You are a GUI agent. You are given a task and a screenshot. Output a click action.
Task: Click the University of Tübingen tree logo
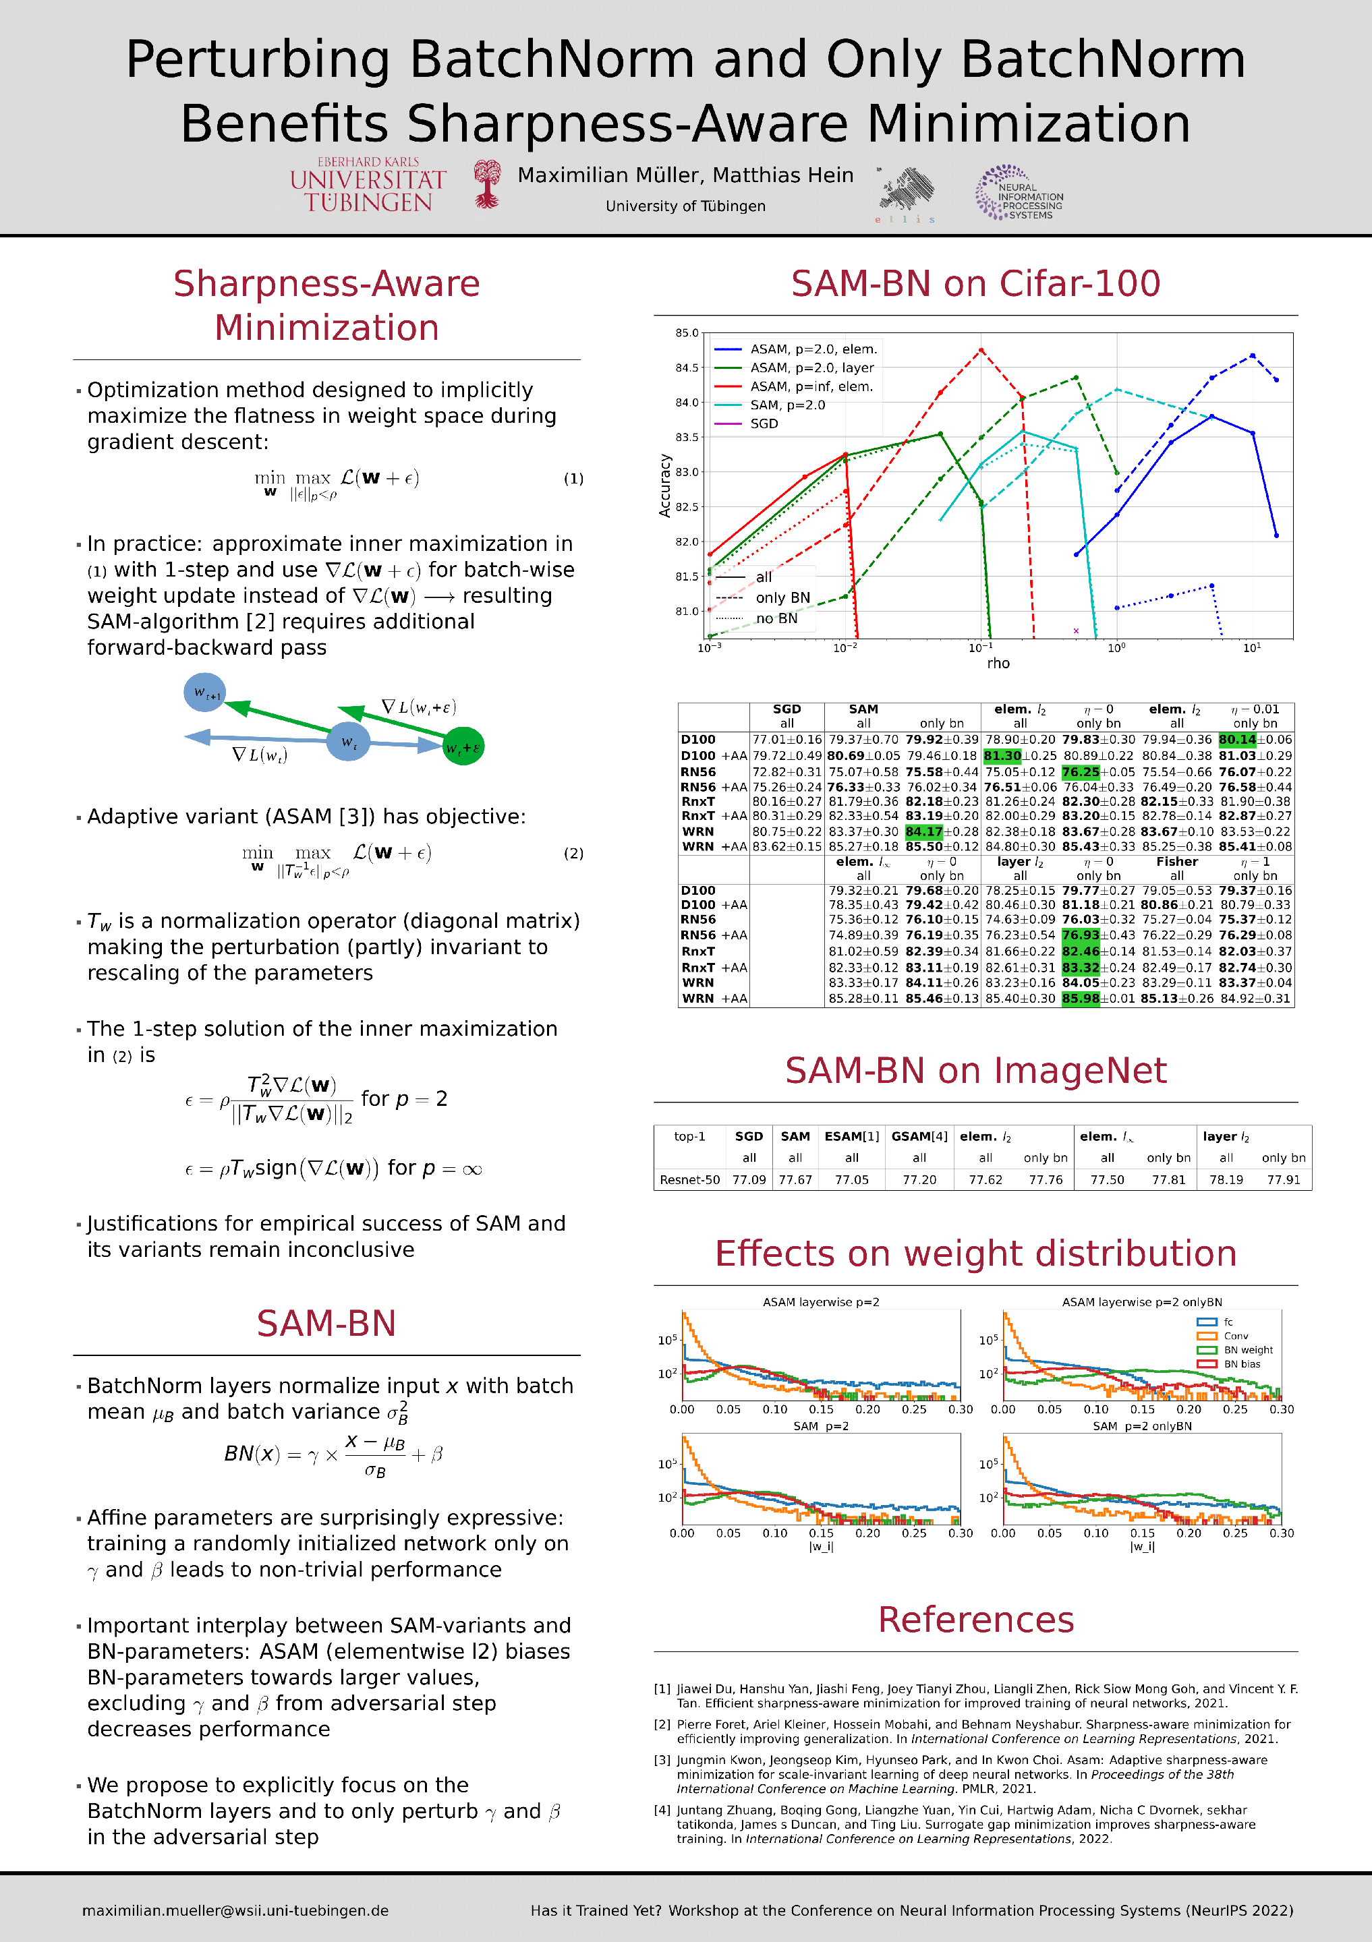point(486,184)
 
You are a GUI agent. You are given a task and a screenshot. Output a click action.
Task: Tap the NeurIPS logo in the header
point(1019,194)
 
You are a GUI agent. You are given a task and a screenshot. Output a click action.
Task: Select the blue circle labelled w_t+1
point(204,693)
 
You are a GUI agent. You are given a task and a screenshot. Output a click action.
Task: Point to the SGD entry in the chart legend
point(763,423)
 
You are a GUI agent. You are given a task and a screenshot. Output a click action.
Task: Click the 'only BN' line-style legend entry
point(782,598)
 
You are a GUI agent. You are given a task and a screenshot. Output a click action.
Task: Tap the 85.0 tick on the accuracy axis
point(686,333)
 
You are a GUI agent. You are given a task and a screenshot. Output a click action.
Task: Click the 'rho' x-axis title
point(998,663)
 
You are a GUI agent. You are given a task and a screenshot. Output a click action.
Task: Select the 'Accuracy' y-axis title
point(665,486)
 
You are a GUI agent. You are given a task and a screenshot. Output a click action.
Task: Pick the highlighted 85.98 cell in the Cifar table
point(1080,999)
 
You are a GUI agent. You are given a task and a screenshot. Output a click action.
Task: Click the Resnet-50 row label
point(689,1180)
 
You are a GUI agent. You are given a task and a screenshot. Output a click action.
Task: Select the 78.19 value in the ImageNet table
point(1226,1180)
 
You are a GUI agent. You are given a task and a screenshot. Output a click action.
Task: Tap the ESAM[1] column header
point(852,1137)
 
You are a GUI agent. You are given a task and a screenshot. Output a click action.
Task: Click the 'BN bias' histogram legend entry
point(1242,1364)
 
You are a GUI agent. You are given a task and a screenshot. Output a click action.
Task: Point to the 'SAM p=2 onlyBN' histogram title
point(1142,1426)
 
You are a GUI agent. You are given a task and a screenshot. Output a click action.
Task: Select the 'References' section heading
point(975,1620)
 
